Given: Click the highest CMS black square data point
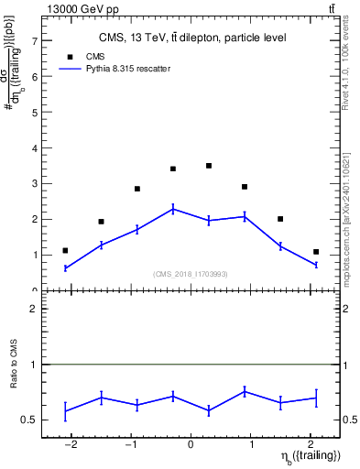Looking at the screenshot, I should click(209, 166).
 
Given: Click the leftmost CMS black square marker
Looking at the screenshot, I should click(65, 250).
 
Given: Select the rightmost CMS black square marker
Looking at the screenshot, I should click(316, 252).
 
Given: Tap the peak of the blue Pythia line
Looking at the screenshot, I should click(173, 209).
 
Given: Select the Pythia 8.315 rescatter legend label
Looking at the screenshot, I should click(137, 68).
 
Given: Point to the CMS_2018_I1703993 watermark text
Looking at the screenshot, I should click(191, 274).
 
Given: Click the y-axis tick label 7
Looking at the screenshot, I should click(34, 41).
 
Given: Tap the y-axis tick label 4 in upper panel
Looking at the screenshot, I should click(34, 148).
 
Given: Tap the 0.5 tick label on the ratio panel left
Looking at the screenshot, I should click(29, 420).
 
